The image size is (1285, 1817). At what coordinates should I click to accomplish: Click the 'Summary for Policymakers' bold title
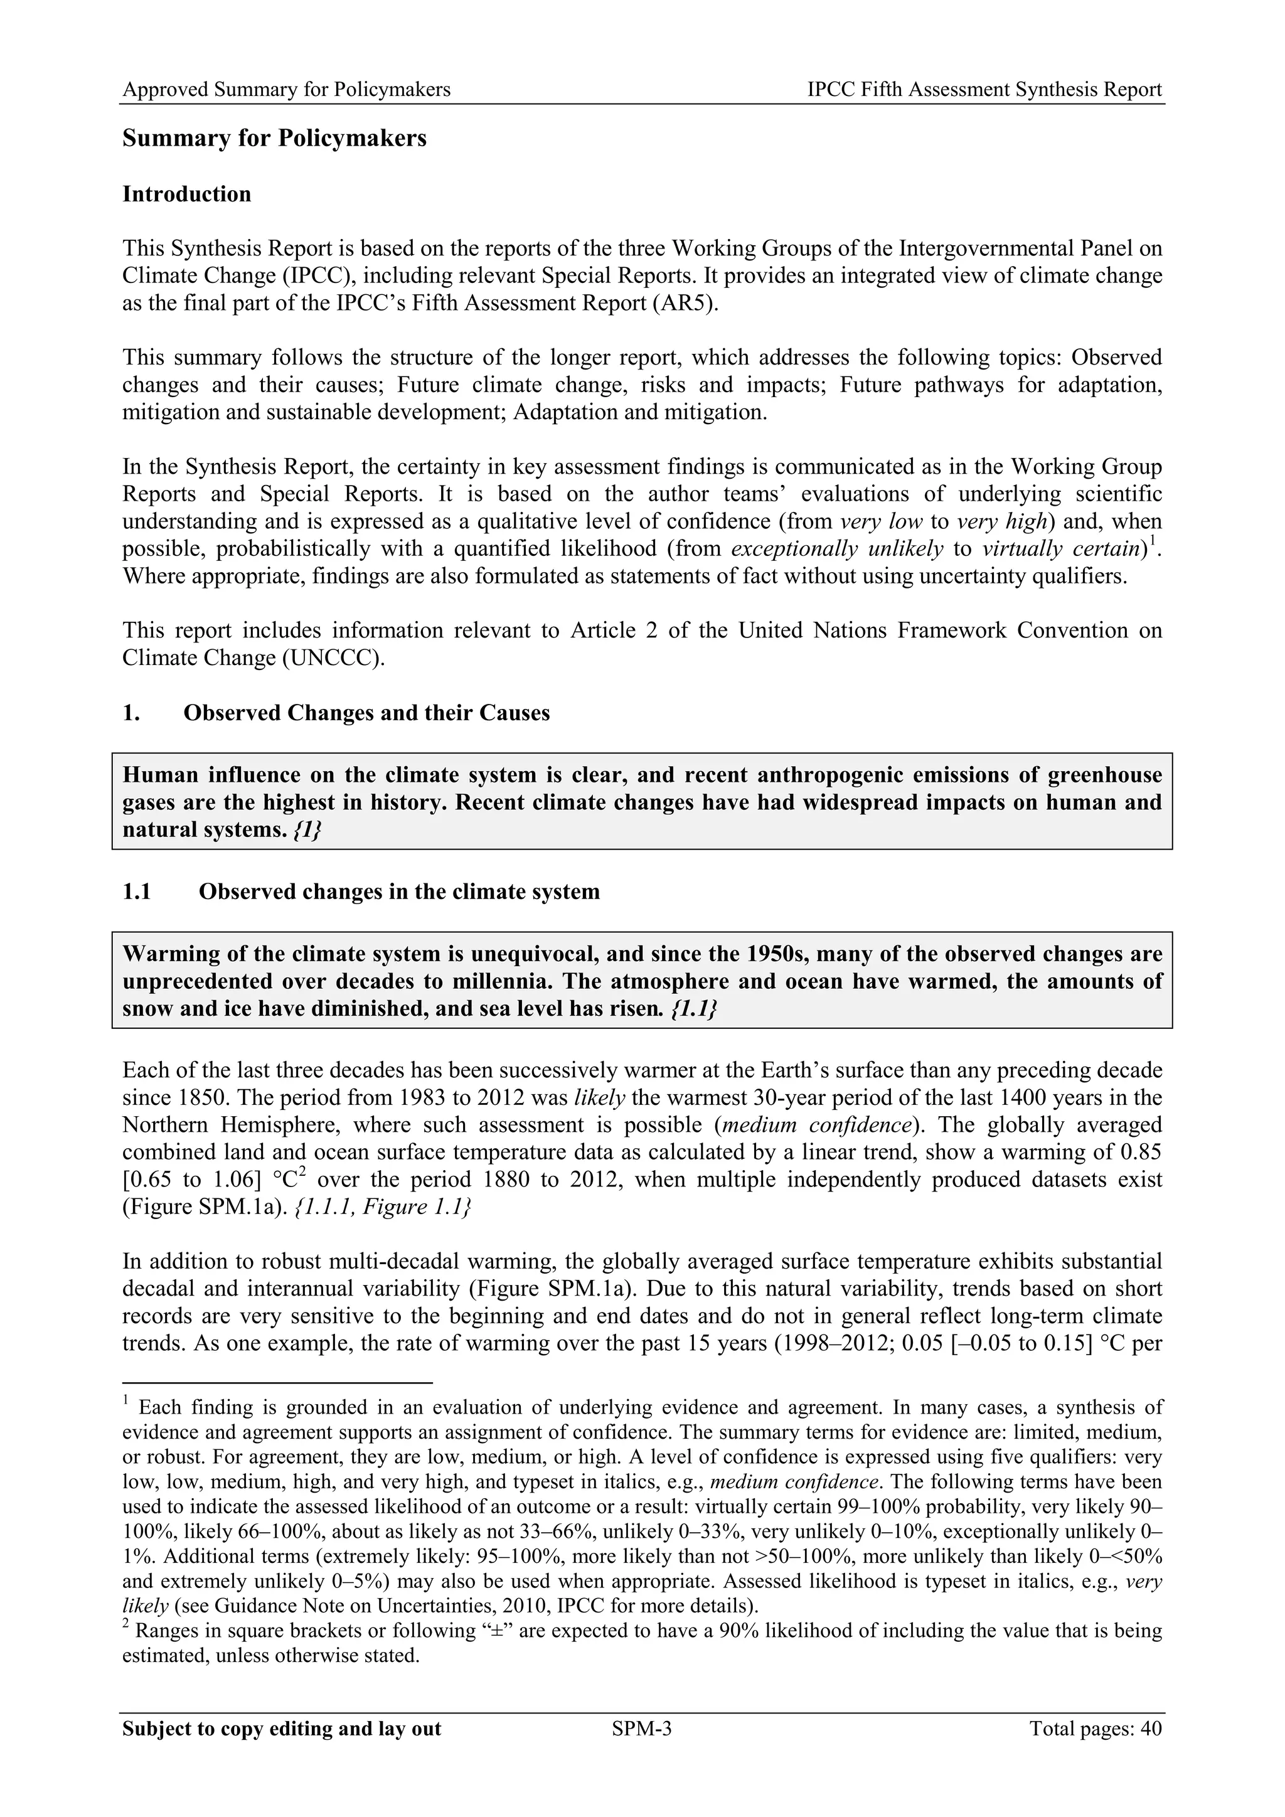[x=274, y=139]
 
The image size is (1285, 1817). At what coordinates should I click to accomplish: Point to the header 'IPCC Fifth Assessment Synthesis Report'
[x=984, y=90]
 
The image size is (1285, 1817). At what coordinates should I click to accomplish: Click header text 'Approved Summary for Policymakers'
[x=287, y=90]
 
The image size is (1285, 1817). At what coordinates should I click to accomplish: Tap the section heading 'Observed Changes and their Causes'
[x=366, y=713]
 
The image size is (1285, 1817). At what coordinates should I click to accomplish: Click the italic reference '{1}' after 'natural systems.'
[x=306, y=830]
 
